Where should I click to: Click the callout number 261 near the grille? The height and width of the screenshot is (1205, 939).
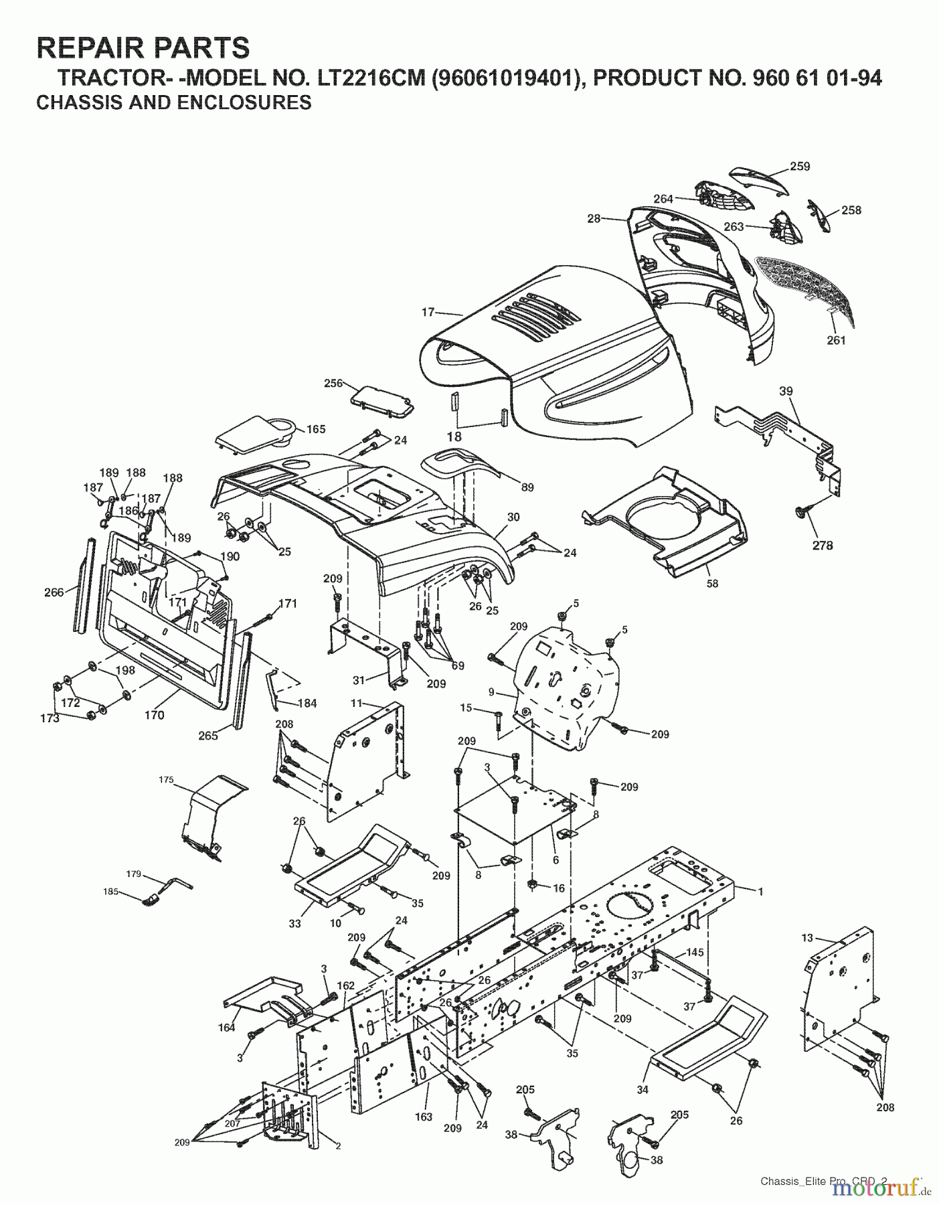coord(836,340)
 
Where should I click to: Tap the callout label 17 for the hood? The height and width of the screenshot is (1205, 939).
coord(428,312)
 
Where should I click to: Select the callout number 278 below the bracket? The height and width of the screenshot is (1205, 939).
coord(823,545)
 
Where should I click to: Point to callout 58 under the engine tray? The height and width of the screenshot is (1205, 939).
coord(712,583)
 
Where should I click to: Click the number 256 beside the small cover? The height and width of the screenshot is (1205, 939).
coord(333,384)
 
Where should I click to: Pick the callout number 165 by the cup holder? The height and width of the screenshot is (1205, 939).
coord(316,429)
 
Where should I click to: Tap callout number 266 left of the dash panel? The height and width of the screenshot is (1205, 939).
coord(54,592)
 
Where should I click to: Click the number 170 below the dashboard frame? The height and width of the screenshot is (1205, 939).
coord(154,715)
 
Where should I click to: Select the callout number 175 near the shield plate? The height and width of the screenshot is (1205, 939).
coord(166,779)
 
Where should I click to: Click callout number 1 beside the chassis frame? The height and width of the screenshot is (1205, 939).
coord(760,891)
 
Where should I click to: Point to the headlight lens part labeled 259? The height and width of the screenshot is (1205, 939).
coord(756,177)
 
